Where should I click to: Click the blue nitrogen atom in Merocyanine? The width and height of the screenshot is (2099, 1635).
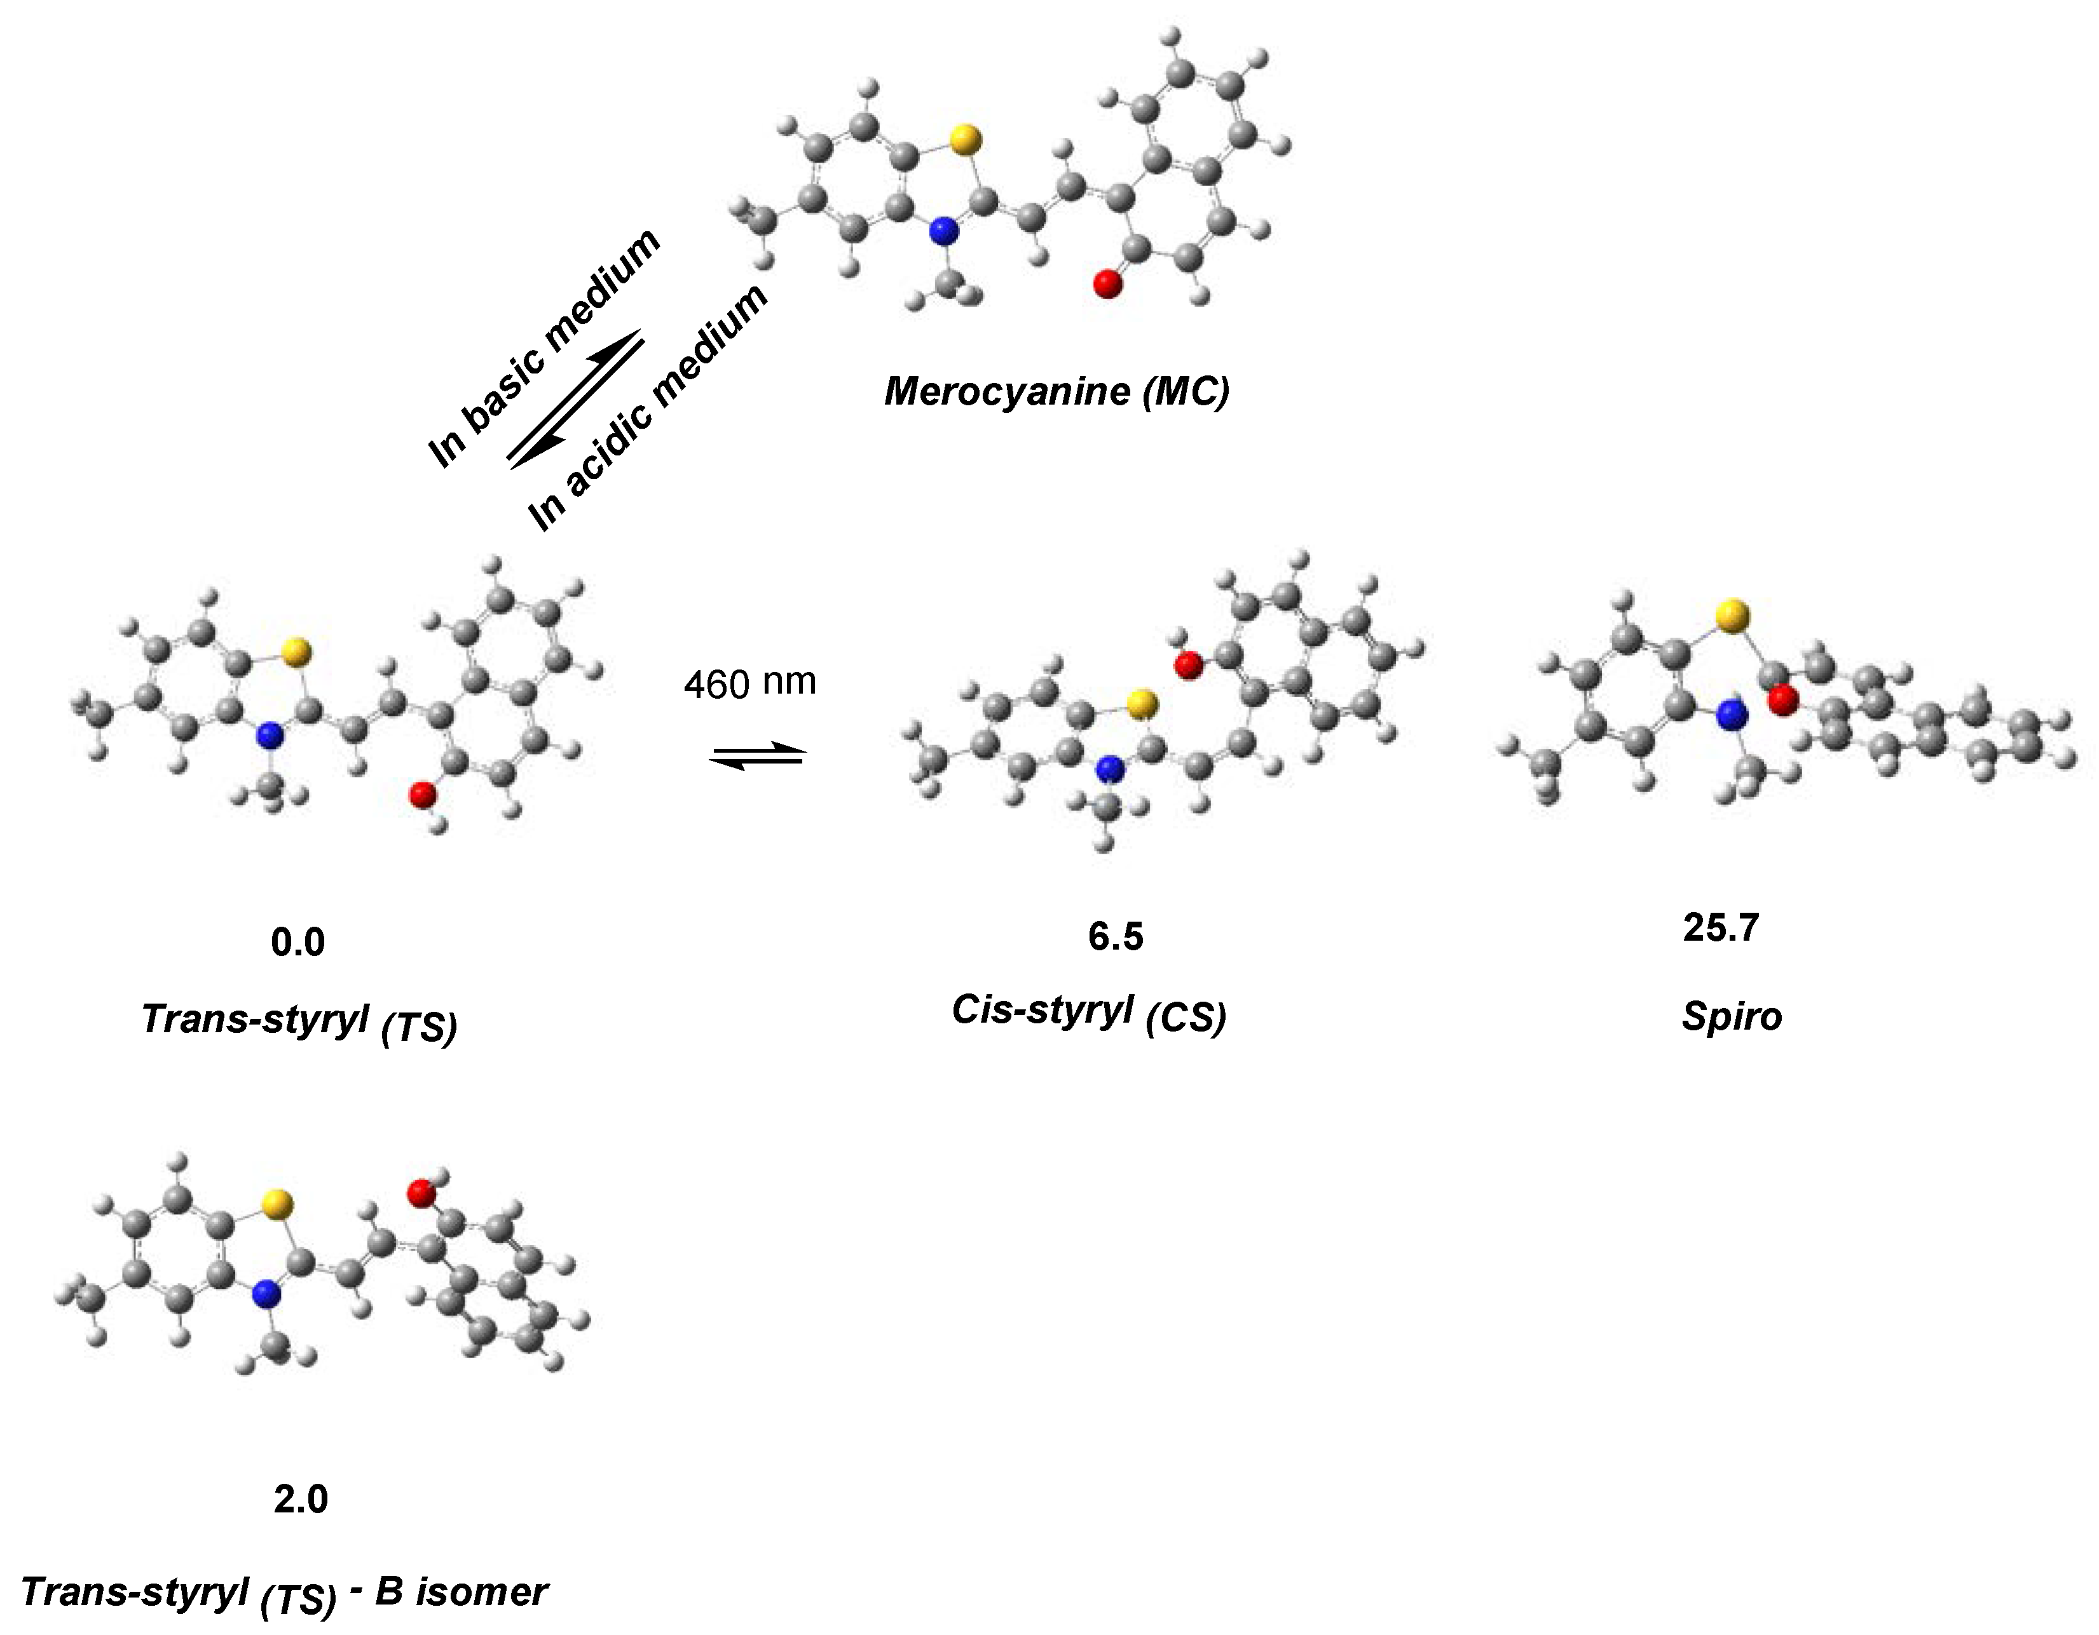coord(946,231)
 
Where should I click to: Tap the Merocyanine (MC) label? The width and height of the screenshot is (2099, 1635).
coord(1056,391)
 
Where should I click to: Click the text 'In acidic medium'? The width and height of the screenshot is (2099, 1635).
coord(650,408)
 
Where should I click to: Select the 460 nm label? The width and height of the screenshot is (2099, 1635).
coord(749,683)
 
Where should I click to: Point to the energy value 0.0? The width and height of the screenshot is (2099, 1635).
coord(298,943)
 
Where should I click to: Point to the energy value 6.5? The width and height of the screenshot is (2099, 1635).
coord(1116,937)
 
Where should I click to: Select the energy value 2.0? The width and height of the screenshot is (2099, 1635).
coord(301,1498)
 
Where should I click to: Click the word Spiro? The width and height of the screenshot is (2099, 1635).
coord(1732,1016)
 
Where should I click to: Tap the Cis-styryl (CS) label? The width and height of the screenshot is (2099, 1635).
coord(1089,1014)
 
